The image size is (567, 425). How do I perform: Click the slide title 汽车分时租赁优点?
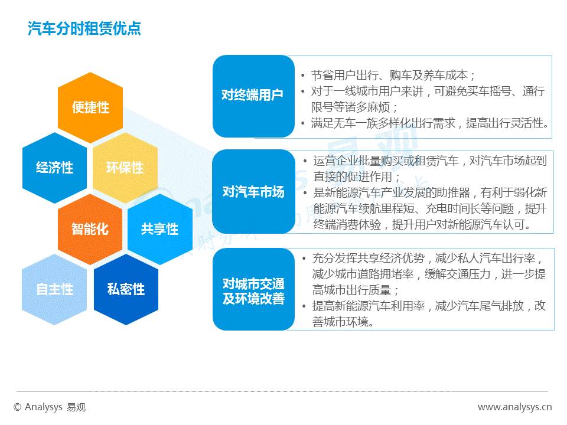pos(84,29)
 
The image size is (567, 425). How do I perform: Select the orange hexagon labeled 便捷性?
pos(90,107)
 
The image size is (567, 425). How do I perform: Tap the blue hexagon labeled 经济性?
pos(54,168)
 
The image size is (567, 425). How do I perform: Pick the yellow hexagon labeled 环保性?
pos(125,168)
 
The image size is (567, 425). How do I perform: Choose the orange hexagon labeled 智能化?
pos(90,228)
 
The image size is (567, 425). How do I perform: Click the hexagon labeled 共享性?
pos(159,228)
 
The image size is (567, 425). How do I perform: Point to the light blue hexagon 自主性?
pos(54,289)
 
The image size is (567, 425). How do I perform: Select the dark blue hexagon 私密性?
pos(125,289)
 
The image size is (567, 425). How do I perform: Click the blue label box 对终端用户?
pos(253,96)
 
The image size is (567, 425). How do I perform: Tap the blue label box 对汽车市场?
pos(253,192)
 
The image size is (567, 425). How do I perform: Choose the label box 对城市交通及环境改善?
pos(253,290)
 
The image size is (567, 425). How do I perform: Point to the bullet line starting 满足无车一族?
pos(430,123)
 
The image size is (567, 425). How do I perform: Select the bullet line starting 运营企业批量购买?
pos(429,161)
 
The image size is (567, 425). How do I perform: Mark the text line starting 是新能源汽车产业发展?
pos(429,192)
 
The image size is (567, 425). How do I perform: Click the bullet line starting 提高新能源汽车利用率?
pos(429,306)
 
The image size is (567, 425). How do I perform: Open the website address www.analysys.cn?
pos(514,407)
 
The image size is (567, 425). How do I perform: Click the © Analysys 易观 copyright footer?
pos(50,407)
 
